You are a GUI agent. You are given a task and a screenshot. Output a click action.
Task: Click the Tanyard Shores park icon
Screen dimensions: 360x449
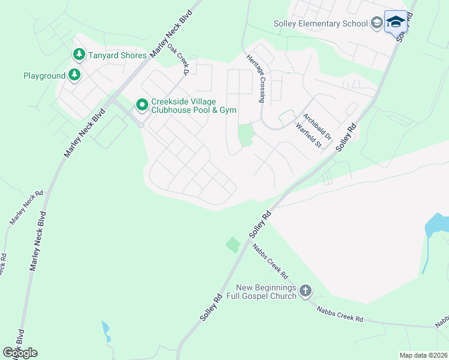click(x=79, y=55)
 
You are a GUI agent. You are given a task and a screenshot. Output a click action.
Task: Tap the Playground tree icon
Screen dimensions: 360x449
click(x=74, y=76)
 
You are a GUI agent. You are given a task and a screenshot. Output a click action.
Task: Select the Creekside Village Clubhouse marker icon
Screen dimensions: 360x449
click(x=142, y=106)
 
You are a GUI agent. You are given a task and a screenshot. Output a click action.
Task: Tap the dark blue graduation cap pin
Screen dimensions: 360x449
click(x=395, y=23)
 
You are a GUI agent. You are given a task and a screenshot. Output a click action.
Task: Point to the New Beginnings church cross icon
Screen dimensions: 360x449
click(x=306, y=292)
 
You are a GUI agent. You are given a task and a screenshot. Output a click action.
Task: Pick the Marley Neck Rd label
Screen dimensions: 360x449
click(x=26, y=208)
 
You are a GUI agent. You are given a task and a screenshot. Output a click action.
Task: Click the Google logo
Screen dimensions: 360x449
click(x=20, y=353)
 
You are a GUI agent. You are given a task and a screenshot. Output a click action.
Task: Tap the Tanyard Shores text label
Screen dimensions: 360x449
click(x=118, y=55)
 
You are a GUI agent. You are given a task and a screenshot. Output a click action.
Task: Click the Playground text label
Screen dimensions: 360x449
click(x=44, y=76)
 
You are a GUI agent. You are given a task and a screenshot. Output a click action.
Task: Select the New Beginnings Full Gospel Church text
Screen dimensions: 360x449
click(x=266, y=292)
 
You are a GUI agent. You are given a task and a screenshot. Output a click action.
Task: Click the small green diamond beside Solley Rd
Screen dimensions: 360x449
click(x=232, y=245)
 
